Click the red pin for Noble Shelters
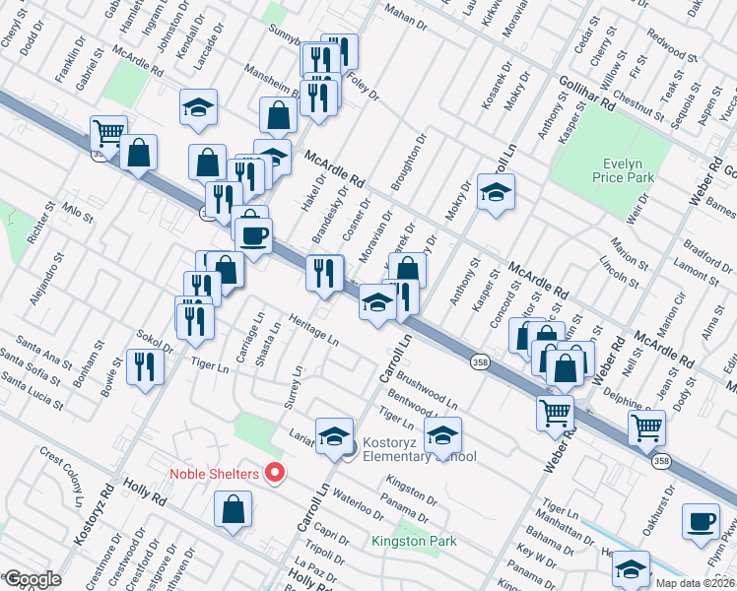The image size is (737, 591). tap(276, 473)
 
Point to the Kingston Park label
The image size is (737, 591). tap(414, 541)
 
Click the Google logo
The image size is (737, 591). tap(32, 579)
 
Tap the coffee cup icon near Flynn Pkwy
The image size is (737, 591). tap(701, 522)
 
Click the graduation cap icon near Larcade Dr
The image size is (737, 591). tap(198, 107)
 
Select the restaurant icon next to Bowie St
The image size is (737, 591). tap(146, 367)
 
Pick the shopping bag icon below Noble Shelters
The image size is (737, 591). tap(233, 509)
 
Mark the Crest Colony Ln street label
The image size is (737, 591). tap(62, 475)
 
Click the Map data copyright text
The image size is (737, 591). tap(694, 583)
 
